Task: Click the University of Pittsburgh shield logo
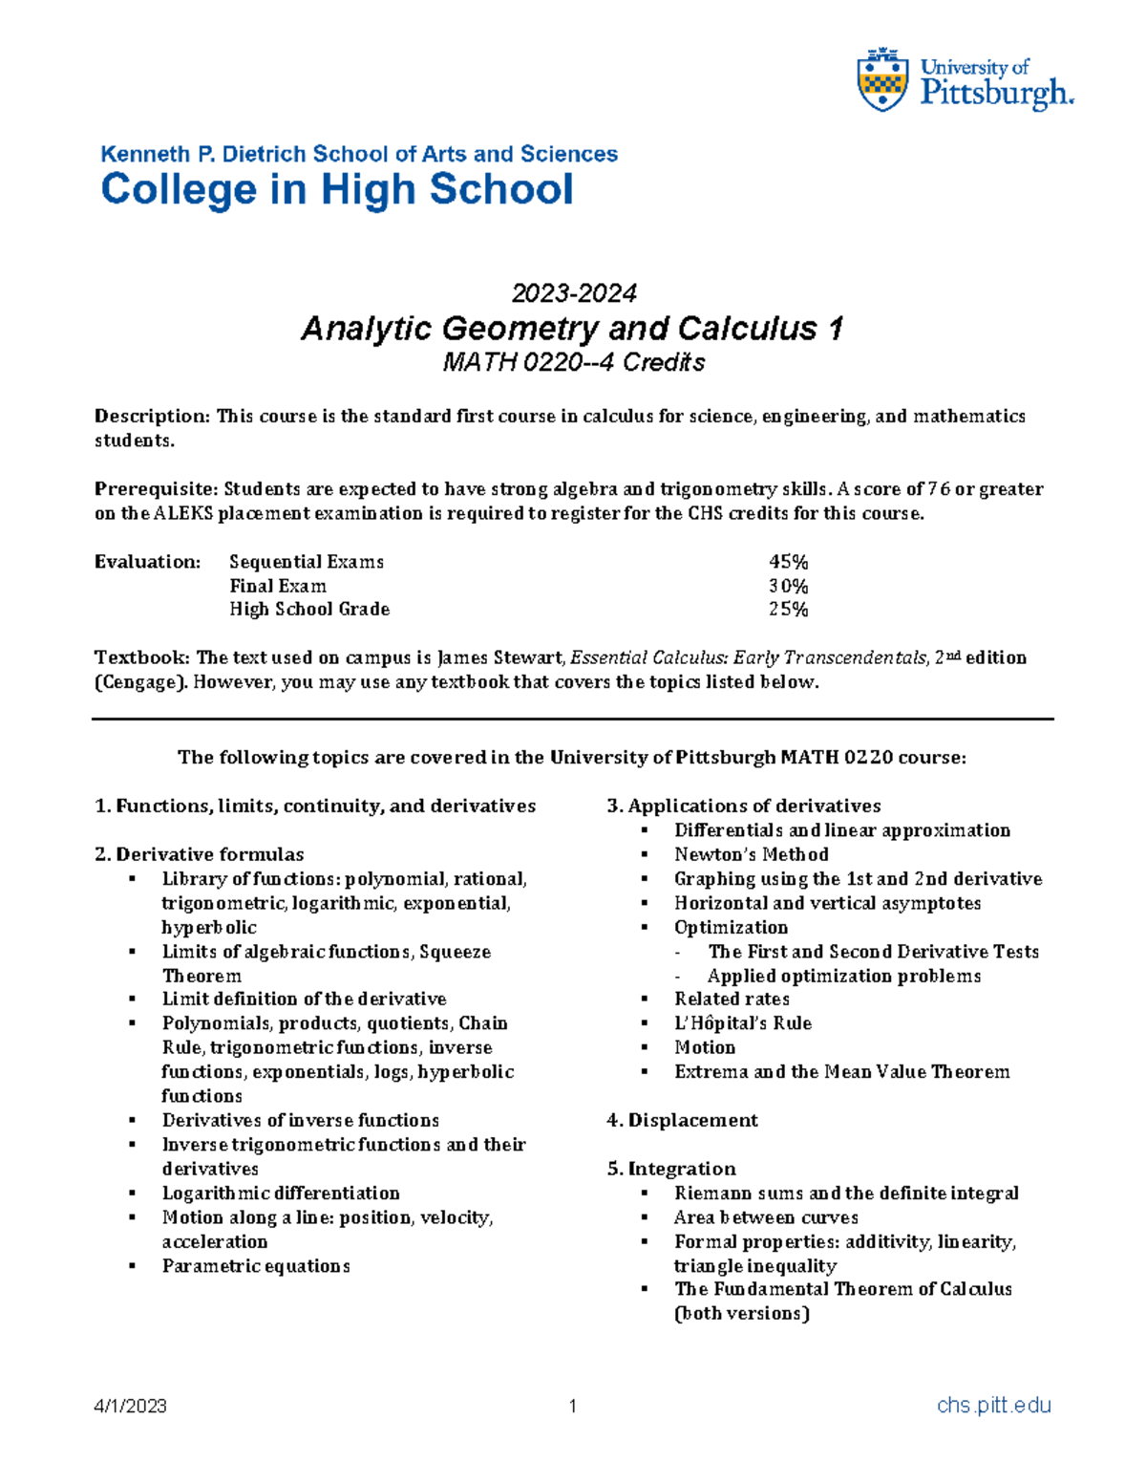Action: pyautogui.click(x=882, y=80)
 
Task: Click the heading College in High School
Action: pyautogui.click(x=337, y=189)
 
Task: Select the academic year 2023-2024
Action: pyautogui.click(x=573, y=292)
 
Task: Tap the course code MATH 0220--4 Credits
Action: pyautogui.click(x=573, y=363)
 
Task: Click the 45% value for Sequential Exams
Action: pyautogui.click(x=788, y=562)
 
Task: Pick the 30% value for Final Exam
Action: pyautogui.click(x=788, y=586)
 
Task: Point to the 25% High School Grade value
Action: pyautogui.click(x=788, y=610)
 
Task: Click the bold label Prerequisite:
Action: pyautogui.click(x=156, y=489)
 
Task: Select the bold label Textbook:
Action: pyautogui.click(x=142, y=657)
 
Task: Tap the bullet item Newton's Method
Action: pyautogui.click(x=751, y=854)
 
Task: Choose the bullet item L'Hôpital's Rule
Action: pyautogui.click(x=742, y=1023)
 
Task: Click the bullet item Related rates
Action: pyautogui.click(x=732, y=999)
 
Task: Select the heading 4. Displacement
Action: pyautogui.click(x=682, y=1120)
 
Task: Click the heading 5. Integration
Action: pyautogui.click(x=671, y=1169)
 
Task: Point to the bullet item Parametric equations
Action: pyautogui.click(x=256, y=1266)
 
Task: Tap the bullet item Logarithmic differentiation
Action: pyautogui.click(x=281, y=1193)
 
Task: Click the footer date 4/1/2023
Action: pyautogui.click(x=130, y=1406)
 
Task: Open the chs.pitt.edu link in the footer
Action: pyautogui.click(x=993, y=1406)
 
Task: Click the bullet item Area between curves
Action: pyautogui.click(x=766, y=1217)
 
